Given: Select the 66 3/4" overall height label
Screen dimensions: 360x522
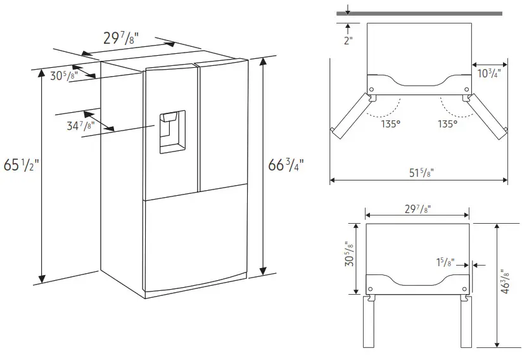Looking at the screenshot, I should pyautogui.click(x=286, y=166).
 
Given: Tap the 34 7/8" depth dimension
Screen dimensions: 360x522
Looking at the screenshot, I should pyautogui.click(x=80, y=125).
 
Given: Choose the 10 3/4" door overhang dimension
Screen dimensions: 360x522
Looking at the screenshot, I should pyautogui.click(x=489, y=74).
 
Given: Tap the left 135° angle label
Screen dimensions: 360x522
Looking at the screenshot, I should pyautogui.click(x=391, y=124).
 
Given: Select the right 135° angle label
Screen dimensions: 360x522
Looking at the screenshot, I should pyautogui.click(x=447, y=124).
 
